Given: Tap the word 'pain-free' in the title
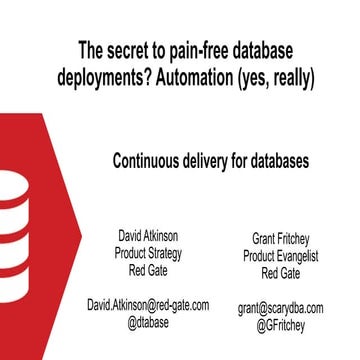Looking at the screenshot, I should [197, 47].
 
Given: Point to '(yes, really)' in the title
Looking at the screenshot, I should [269, 75].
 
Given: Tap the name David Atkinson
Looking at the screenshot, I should [147, 235].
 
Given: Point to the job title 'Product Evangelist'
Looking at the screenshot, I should [281, 257].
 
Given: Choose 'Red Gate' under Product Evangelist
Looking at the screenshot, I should [281, 273].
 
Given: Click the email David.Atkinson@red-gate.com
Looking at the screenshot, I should [147, 305].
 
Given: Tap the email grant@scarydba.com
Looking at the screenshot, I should [281, 309].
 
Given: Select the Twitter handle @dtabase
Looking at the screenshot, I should [147, 322].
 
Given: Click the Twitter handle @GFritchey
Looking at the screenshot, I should [281, 326].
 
